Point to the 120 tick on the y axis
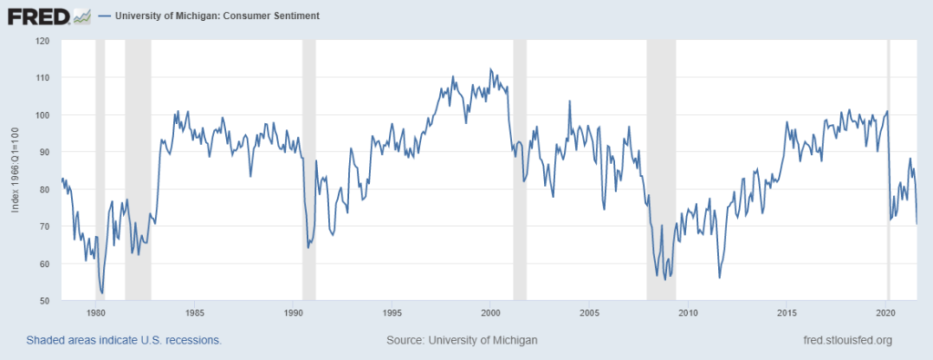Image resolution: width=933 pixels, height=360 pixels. [x=43, y=41]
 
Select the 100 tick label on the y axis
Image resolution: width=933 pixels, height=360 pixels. [x=43, y=115]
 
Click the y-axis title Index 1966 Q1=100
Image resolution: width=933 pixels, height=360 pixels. [x=15, y=170]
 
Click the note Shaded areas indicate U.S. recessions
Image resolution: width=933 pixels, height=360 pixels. [x=124, y=340]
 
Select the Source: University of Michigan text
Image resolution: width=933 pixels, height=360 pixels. [x=462, y=340]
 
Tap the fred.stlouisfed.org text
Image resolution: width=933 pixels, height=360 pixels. [x=843, y=340]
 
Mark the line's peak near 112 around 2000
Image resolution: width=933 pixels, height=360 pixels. [x=490, y=69]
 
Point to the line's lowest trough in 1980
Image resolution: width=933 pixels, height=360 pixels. [x=102, y=293]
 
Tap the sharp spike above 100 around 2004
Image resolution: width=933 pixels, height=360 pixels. [x=569, y=101]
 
